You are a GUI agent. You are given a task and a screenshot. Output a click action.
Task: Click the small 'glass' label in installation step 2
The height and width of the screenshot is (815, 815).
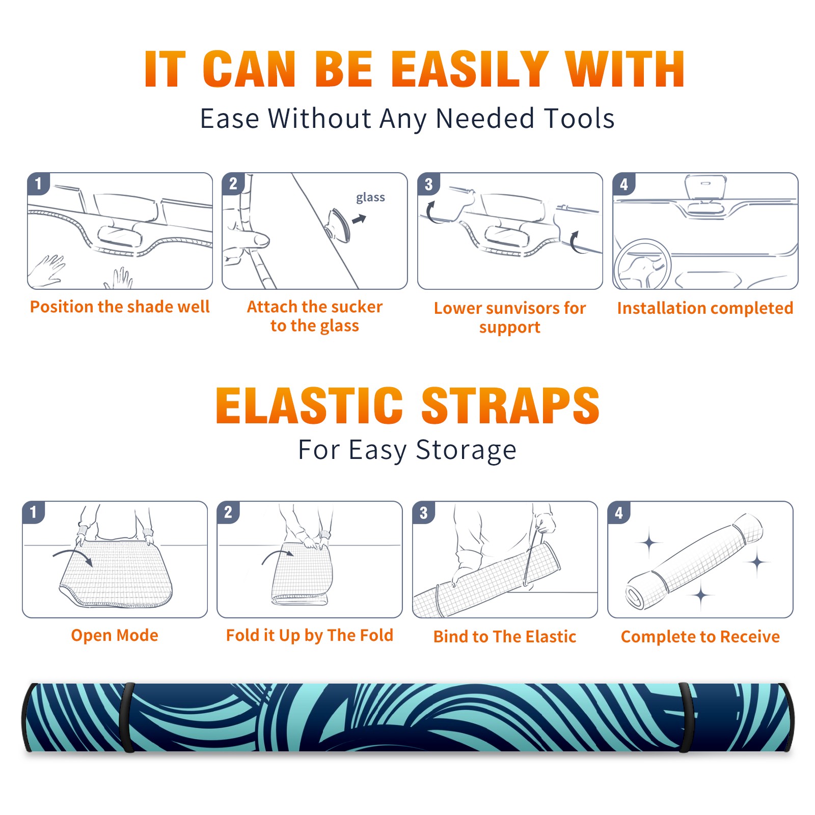point(370,198)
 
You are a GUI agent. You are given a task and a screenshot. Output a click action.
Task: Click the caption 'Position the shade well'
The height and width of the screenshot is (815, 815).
point(120,307)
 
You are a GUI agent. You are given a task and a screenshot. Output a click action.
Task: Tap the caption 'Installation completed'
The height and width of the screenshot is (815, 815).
point(705,308)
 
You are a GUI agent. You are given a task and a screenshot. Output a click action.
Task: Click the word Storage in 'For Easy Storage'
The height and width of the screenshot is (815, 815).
point(466,450)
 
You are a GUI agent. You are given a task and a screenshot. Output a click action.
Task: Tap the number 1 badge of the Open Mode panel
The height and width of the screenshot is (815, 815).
point(34,512)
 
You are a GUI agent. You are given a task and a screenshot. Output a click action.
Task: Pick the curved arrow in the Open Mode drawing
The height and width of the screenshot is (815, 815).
point(72,557)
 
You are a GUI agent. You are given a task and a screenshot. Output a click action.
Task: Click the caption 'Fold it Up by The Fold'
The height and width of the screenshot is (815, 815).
point(310,635)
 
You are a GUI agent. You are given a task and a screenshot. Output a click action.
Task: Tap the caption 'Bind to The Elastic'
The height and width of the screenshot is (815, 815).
point(505,636)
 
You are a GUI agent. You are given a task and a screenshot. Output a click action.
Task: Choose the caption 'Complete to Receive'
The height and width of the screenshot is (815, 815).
point(700,636)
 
